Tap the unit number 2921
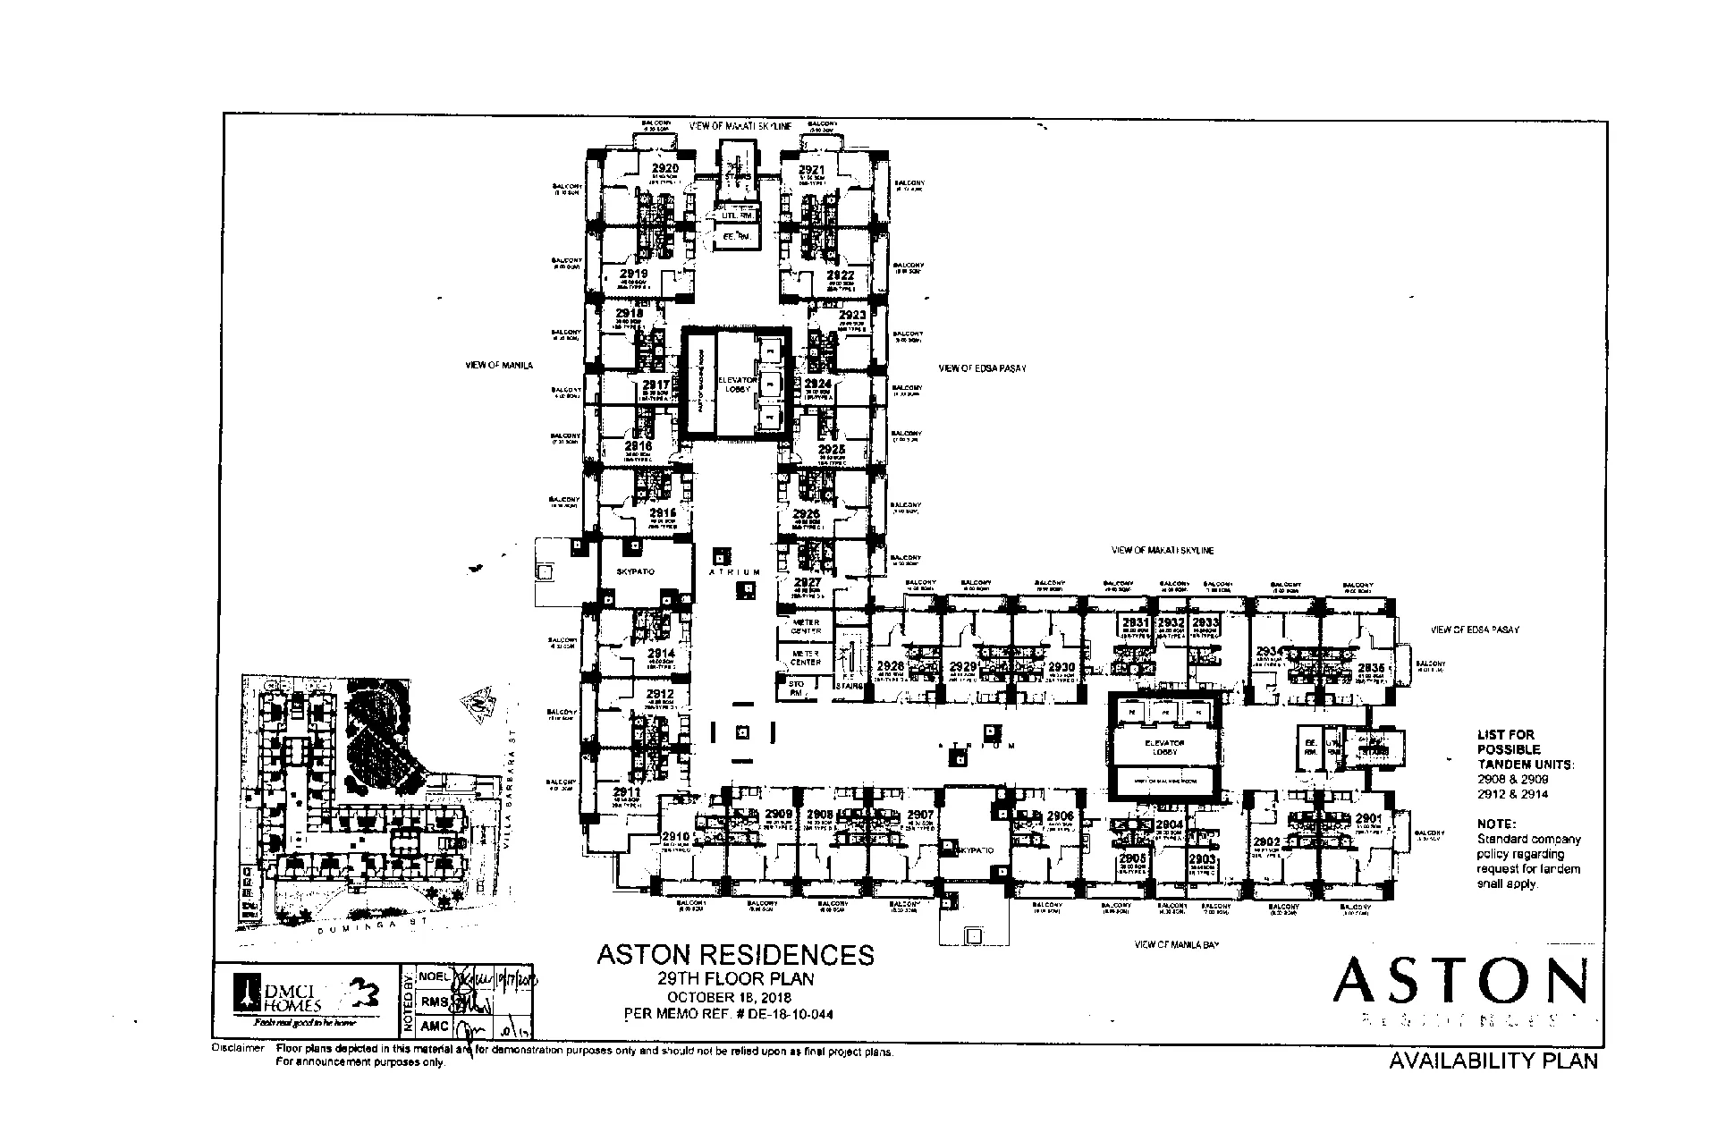[811, 170]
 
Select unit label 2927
[807, 581]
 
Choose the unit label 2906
[1060, 816]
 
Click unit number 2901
[1368, 818]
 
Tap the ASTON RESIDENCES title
[735, 955]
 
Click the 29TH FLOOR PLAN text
[735, 979]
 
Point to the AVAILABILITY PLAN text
[1493, 1061]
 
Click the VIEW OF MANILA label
[499, 366]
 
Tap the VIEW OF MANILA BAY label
[1177, 944]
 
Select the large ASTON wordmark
[1459, 981]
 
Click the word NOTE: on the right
[1496, 824]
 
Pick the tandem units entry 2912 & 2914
[1513, 794]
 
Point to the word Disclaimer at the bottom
[238, 1048]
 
